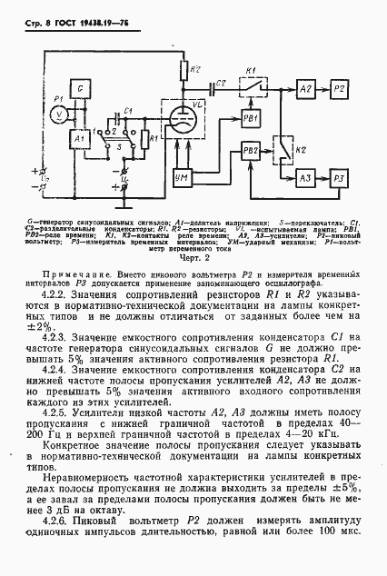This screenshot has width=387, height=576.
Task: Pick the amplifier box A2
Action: click(305, 88)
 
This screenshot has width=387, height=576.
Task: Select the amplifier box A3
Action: click(305, 176)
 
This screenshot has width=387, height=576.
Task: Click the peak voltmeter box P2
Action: click(338, 88)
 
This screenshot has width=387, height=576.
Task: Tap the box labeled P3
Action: click(338, 176)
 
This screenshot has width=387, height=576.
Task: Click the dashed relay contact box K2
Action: click(283, 146)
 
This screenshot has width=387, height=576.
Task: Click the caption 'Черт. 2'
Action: click(193, 255)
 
